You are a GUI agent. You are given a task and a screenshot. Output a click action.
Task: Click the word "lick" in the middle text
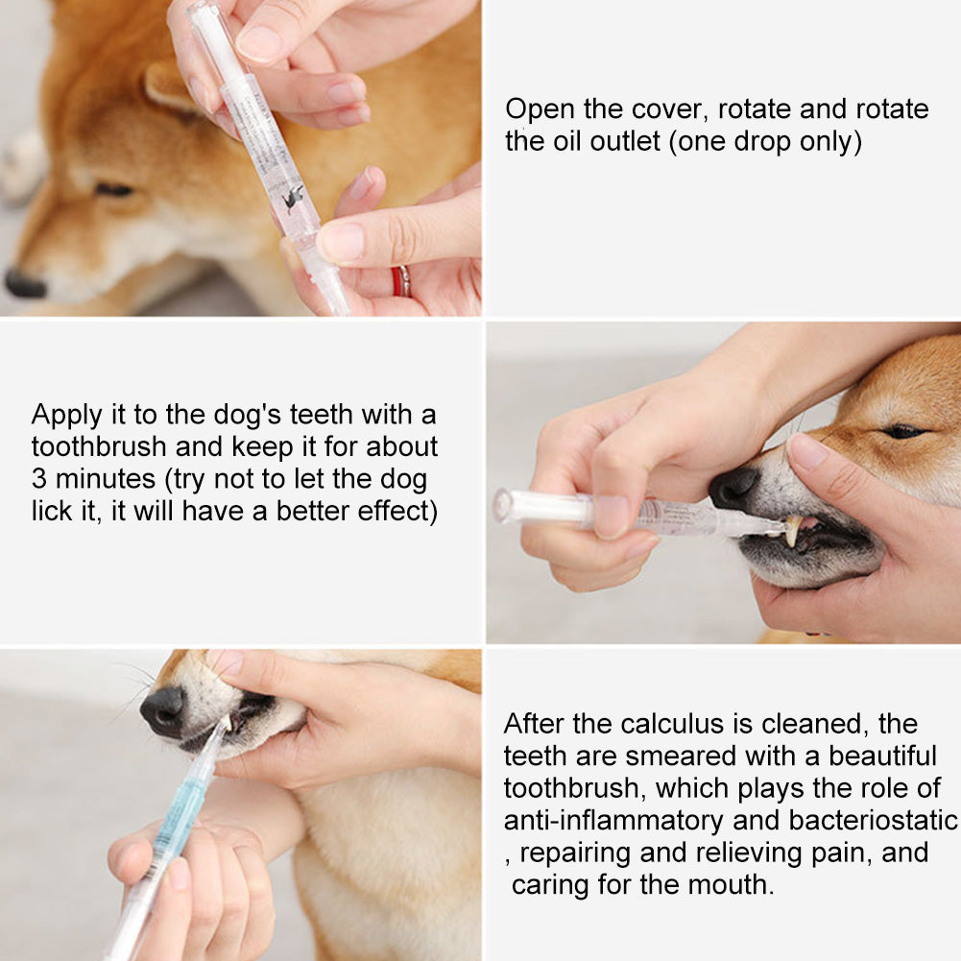tap(51, 511)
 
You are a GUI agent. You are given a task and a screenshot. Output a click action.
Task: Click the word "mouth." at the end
tap(727, 883)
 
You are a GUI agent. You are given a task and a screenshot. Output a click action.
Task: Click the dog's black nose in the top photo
tap(24, 284)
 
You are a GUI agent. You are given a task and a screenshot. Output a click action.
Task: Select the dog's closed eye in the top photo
tap(113, 190)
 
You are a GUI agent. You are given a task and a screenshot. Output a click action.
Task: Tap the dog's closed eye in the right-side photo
tap(903, 431)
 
